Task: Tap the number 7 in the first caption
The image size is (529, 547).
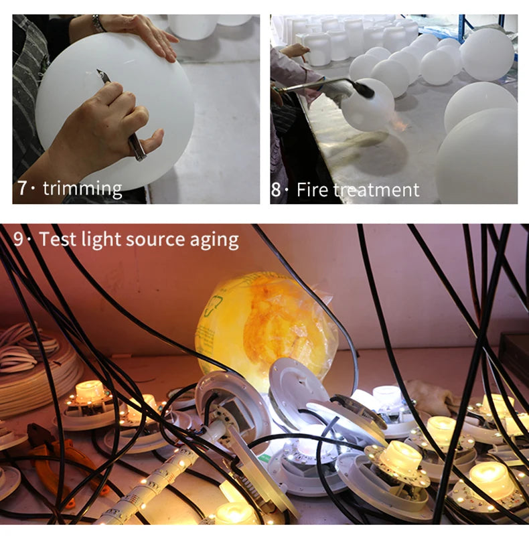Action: tap(22, 188)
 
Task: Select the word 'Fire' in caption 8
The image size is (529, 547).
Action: tap(313, 189)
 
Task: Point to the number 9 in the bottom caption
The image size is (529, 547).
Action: tap(17, 240)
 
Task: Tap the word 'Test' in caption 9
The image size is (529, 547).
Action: tap(56, 240)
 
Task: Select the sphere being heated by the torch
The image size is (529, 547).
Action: tap(368, 107)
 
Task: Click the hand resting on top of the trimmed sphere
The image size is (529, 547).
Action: tap(144, 33)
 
